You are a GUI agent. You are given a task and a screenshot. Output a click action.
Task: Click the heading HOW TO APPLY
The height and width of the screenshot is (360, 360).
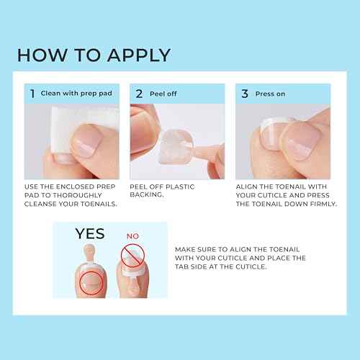pos(94,55)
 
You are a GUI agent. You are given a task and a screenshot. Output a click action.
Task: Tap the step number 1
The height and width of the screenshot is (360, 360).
pos(31,94)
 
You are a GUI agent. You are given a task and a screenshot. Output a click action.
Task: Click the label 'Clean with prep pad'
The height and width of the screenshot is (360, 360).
pos(71,94)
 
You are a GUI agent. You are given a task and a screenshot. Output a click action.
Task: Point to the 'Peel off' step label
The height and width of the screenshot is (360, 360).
pos(163,94)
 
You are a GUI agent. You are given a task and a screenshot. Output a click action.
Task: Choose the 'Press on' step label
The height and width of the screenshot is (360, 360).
pos(271,94)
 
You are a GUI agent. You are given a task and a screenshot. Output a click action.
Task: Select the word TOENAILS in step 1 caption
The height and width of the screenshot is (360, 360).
pos(94,204)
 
